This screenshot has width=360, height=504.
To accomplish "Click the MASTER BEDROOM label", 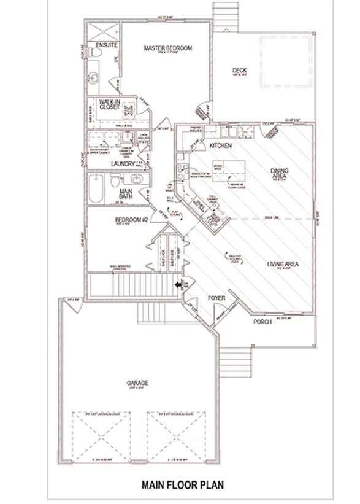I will pos(168,48).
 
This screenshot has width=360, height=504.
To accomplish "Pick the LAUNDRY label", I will pos(123,164).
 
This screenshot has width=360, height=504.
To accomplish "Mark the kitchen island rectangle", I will pos(227,166).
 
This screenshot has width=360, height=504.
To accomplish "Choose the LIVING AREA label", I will pos(282,265).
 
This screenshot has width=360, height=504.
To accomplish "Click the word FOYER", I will pos(216,298).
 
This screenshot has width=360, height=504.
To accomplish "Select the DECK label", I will pos(239,71).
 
